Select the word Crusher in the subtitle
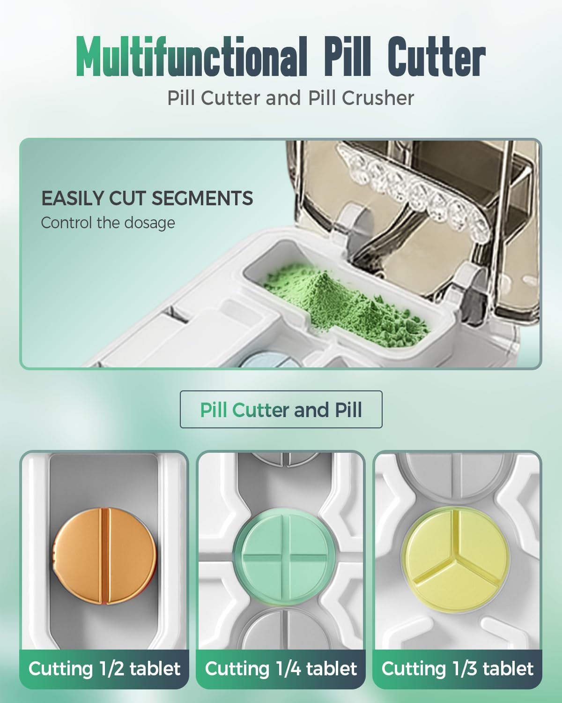378,98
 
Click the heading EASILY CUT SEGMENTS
147,198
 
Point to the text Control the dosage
108,223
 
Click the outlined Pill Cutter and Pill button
281,410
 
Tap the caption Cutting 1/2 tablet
104,669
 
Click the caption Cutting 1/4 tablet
281,669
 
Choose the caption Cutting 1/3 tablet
457,669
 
